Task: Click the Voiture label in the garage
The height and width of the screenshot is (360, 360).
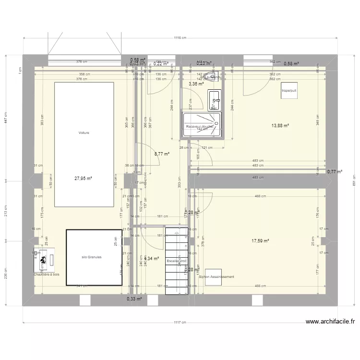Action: [x=84, y=133]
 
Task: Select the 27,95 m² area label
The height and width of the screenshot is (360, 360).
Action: [x=83, y=178]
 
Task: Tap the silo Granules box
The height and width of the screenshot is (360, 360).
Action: [x=94, y=257]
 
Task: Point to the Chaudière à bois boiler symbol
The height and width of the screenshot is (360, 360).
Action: [x=43, y=260]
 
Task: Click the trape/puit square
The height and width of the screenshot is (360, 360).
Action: [x=289, y=90]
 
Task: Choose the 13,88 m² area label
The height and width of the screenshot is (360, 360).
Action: [x=280, y=126]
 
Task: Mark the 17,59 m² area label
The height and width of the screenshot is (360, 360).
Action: [x=260, y=241]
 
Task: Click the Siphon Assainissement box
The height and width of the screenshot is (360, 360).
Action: [x=216, y=277]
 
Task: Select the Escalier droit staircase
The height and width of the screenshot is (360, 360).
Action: [x=176, y=261]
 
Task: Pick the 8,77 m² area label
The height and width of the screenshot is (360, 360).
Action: [x=162, y=154]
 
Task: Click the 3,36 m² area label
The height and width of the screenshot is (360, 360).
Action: [x=196, y=84]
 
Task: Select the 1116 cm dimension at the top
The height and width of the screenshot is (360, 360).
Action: [x=180, y=37]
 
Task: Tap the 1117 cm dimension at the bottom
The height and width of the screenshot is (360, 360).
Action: [x=180, y=323]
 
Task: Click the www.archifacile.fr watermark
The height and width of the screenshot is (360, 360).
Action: [x=330, y=322]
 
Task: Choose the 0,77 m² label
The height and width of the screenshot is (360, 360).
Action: [x=335, y=171]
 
